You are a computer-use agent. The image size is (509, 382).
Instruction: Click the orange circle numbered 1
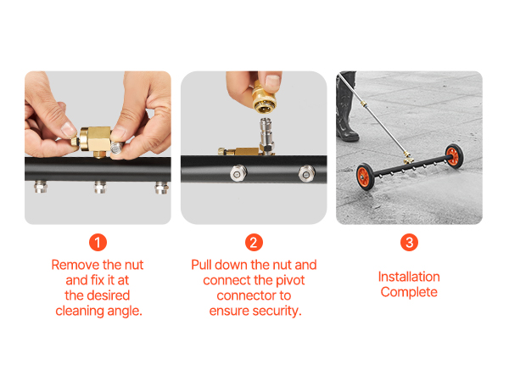98,242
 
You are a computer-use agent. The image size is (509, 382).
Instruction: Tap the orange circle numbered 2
254,242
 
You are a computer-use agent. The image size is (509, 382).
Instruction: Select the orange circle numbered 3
409,242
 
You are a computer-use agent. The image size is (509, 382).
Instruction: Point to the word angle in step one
125,312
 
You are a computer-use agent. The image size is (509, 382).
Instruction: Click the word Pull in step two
201,265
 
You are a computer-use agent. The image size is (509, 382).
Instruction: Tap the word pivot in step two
290,280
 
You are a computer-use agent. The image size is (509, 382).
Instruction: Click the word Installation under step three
409,277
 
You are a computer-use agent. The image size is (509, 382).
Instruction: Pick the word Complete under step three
409,292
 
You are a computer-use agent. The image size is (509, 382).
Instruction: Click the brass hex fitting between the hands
95,141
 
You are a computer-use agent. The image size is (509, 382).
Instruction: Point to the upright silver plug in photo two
266,135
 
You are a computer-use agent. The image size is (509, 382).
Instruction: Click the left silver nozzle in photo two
238,173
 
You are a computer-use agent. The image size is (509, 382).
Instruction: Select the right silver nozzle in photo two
306,173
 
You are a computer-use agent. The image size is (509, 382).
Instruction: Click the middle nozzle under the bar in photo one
100,187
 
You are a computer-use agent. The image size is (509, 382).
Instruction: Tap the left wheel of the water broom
365,176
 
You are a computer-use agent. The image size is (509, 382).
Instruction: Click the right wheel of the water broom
454,155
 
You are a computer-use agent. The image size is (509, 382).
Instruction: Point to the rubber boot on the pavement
346,107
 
